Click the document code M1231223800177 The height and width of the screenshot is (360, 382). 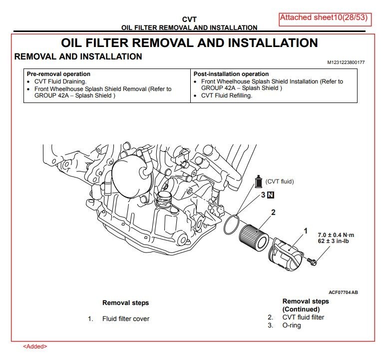pyautogui.click(x=346, y=62)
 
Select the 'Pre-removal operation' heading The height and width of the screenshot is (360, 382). pyautogui.click(x=58, y=74)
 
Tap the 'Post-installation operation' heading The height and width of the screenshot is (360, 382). pyautogui.click(x=231, y=74)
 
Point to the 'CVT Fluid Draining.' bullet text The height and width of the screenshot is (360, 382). pyautogui.click(x=60, y=81)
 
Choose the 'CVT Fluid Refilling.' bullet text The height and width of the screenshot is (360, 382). pyautogui.click(x=227, y=95)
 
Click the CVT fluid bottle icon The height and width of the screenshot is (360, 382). pyautogui.click(x=258, y=181)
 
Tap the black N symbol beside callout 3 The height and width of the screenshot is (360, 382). pyautogui.click(x=271, y=195)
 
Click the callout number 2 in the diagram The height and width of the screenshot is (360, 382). pyautogui.click(x=273, y=212)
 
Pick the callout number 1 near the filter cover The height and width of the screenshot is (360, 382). pyautogui.click(x=306, y=230)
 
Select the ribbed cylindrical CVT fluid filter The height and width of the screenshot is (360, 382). pyautogui.click(x=254, y=236)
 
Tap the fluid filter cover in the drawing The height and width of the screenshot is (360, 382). pyautogui.click(x=286, y=254)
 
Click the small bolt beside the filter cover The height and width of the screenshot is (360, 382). pyautogui.click(x=312, y=261)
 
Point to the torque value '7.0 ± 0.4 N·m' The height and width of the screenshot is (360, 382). pyautogui.click(x=336, y=235)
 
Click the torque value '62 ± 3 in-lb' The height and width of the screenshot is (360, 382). pyautogui.click(x=333, y=241)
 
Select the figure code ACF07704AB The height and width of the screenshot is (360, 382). pyautogui.click(x=343, y=292)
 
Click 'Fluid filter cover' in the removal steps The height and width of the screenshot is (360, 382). pyautogui.click(x=126, y=319)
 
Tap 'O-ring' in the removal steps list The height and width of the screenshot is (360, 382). pyautogui.click(x=292, y=325)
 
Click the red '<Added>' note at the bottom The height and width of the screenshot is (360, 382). pyautogui.click(x=35, y=346)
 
